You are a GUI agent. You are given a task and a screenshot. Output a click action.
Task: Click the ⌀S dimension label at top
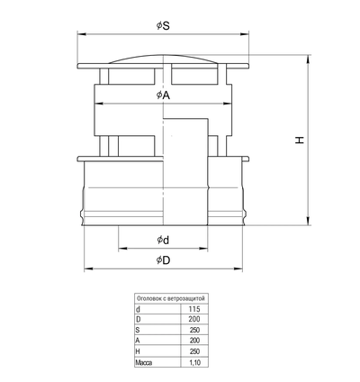(x=163, y=26)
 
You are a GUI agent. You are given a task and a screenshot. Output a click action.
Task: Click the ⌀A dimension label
(x=163, y=95)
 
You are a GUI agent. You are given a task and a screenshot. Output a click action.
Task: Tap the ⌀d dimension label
(x=163, y=240)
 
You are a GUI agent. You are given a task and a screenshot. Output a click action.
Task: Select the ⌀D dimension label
(x=163, y=260)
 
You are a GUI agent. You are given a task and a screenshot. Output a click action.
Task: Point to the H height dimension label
(x=300, y=140)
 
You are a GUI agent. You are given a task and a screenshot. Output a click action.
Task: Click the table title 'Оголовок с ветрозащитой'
(x=171, y=298)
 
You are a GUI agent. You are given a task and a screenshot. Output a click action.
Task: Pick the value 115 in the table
(x=194, y=309)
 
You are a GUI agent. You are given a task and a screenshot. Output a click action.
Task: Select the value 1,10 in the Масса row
(x=194, y=362)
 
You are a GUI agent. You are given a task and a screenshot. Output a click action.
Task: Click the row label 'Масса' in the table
(x=144, y=362)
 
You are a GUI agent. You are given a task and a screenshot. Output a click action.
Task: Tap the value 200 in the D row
(x=194, y=319)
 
